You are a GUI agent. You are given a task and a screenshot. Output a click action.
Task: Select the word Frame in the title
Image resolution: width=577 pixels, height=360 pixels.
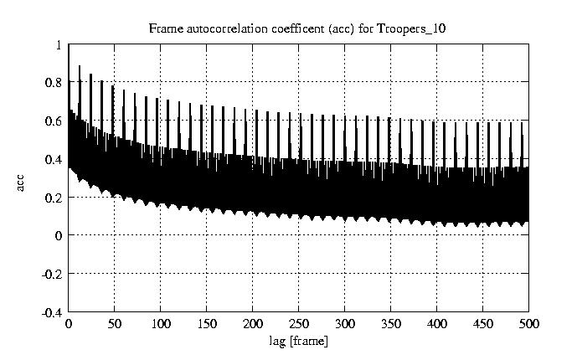pos(164,28)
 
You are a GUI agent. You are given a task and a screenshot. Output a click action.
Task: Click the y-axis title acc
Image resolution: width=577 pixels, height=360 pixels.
pos(21,181)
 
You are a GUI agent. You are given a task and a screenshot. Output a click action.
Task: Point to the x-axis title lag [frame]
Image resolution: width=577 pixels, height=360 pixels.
pos(298,341)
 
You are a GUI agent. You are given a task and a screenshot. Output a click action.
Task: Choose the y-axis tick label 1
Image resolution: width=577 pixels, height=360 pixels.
pos(59,45)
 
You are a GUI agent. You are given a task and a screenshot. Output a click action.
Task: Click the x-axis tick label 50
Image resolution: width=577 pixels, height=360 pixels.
pos(115,324)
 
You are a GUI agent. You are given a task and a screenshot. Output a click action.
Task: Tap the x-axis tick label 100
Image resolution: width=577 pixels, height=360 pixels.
pos(161,324)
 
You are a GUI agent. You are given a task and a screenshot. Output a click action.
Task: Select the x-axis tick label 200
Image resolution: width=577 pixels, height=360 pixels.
pos(253,324)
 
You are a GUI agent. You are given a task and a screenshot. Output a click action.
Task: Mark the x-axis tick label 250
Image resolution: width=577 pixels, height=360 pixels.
pos(299,324)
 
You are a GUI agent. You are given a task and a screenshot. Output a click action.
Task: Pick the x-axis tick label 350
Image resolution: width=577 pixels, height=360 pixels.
pos(391,324)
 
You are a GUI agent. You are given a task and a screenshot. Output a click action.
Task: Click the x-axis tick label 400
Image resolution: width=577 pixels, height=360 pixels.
pos(437,324)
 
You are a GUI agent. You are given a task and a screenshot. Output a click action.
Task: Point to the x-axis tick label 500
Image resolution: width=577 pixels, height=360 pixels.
pos(528,324)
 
